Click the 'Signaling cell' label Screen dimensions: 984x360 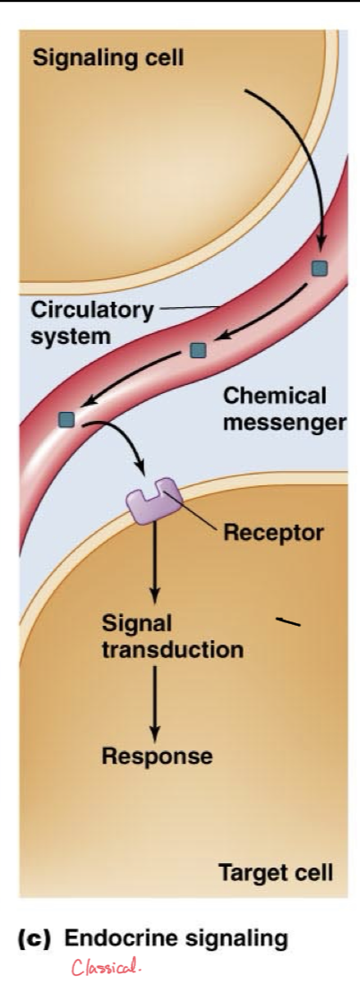tap(107, 59)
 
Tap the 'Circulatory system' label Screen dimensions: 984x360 tap(92, 323)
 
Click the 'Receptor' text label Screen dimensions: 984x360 tap(273, 534)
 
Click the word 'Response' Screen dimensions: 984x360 tap(157, 757)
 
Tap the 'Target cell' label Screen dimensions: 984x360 tap(275, 872)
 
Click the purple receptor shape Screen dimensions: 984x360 tap(153, 501)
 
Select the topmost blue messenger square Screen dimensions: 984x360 tap(319, 268)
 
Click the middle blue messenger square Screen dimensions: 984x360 tap(198, 349)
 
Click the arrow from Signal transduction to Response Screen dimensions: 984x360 tap(155, 698)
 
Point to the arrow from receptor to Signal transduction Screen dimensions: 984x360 tap(155, 564)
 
